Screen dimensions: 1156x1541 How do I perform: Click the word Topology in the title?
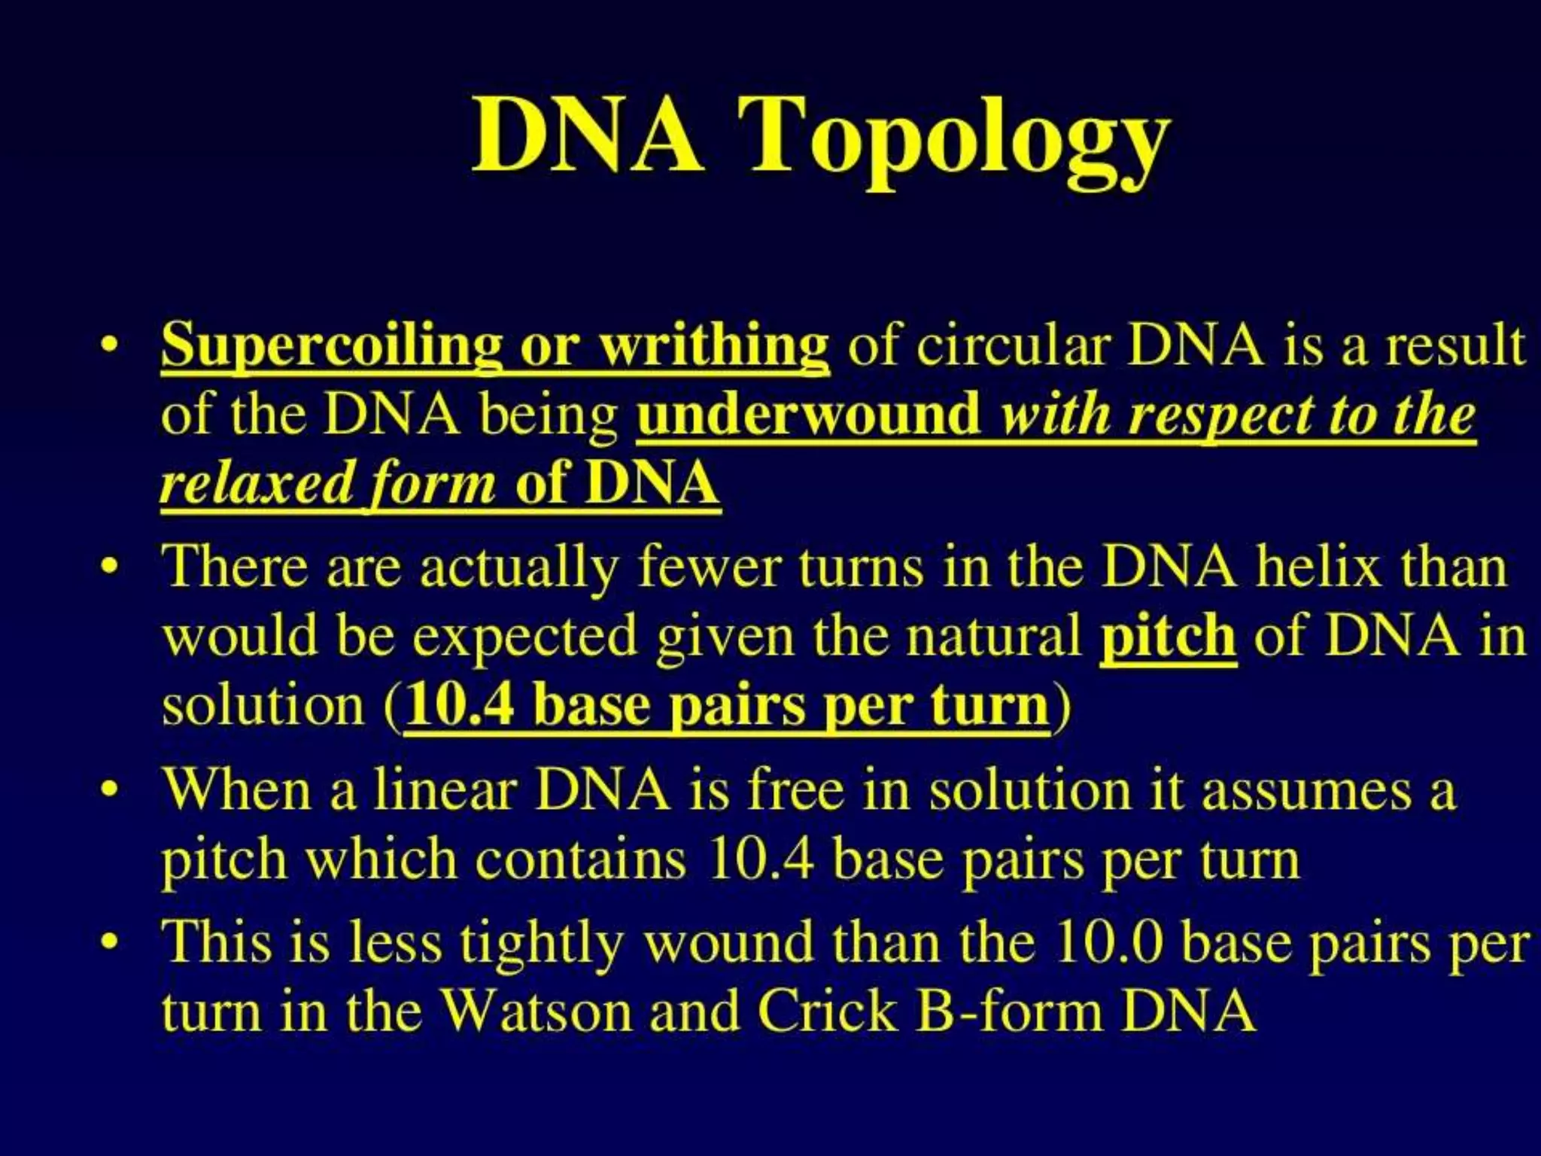click(952, 139)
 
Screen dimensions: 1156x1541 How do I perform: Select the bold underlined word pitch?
click(1168, 636)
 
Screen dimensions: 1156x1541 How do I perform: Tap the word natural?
click(993, 636)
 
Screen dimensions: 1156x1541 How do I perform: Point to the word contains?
click(581, 859)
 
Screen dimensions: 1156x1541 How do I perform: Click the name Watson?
click(536, 1011)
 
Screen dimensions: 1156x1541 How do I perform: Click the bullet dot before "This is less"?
click(111, 943)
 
